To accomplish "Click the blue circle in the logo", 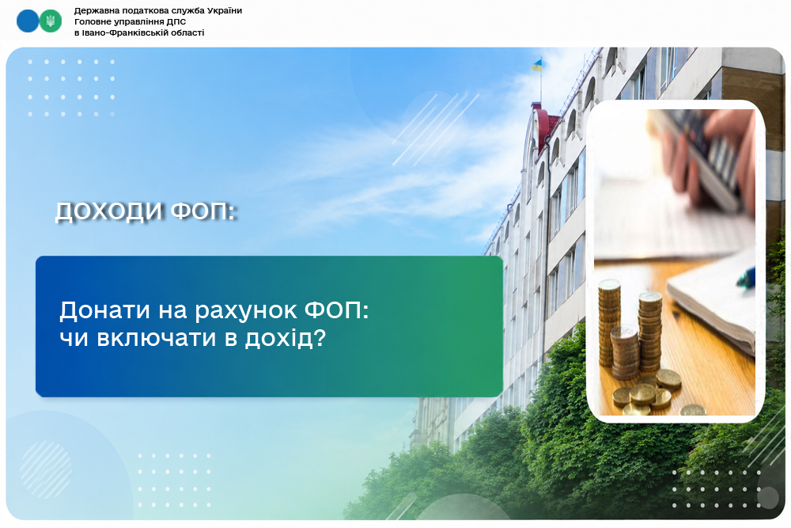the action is click(x=28, y=21).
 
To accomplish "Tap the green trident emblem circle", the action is click(x=51, y=21).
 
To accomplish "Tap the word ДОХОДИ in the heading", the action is click(x=108, y=211).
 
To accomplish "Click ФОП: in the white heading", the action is click(x=203, y=211).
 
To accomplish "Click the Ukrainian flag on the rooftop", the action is click(x=537, y=64).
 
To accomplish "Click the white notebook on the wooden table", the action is click(x=711, y=304).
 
